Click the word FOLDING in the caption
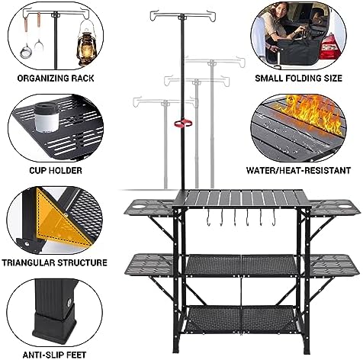(303, 78)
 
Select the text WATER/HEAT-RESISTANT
(298, 170)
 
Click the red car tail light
(329, 47)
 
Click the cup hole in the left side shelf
(138, 206)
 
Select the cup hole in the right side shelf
(344, 207)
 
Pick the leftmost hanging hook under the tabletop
(208, 217)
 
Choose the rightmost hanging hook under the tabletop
(274, 217)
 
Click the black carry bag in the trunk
(298, 50)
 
